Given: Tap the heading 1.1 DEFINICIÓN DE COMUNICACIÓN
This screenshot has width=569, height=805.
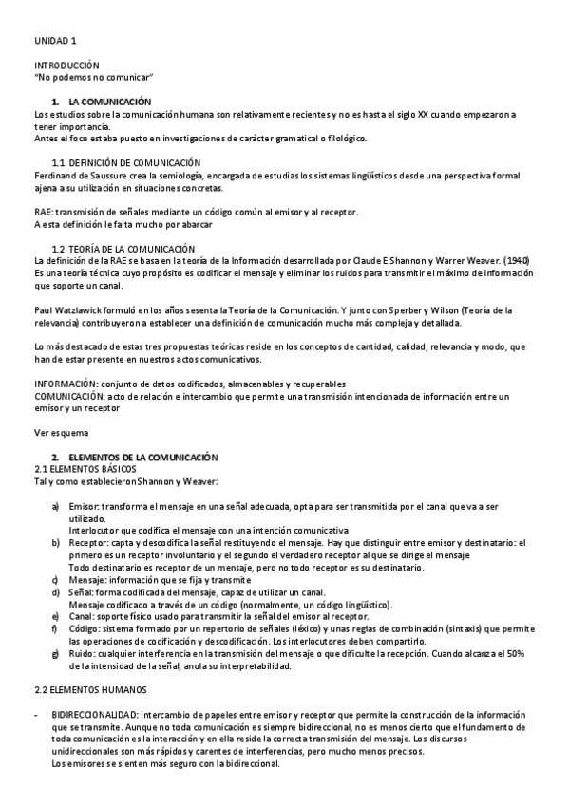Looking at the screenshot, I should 125,163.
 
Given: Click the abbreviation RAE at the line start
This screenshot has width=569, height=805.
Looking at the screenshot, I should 43,212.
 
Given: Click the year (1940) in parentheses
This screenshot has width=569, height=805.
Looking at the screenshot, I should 514,260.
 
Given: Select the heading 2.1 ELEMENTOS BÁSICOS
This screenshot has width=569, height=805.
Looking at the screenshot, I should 85,469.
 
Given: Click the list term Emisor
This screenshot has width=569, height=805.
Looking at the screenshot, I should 84,508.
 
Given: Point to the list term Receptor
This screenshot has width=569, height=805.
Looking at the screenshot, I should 88,542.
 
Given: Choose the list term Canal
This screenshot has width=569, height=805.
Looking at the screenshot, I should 83,615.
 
